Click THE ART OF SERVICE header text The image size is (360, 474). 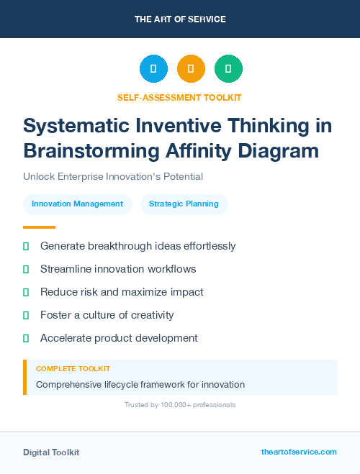(180, 19)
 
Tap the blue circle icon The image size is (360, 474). (153, 69)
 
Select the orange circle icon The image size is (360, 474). (191, 69)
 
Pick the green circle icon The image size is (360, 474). (228, 69)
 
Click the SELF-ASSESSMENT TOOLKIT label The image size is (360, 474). (179, 97)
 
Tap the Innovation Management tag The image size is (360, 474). (78, 204)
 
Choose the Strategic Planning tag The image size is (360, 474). (184, 204)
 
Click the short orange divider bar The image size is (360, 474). (35, 227)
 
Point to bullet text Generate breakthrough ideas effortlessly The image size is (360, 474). (138, 246)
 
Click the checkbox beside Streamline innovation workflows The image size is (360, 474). (26, 269)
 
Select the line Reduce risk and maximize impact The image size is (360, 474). (122, 292)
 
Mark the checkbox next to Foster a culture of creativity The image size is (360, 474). (26, 315)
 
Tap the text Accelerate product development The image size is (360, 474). (119, 338)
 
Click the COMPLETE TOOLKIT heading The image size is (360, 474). (73, 369)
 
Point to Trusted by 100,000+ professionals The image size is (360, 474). (180, 405)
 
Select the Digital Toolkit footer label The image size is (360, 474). (51, 452)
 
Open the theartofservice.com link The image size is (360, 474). (299, 452)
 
